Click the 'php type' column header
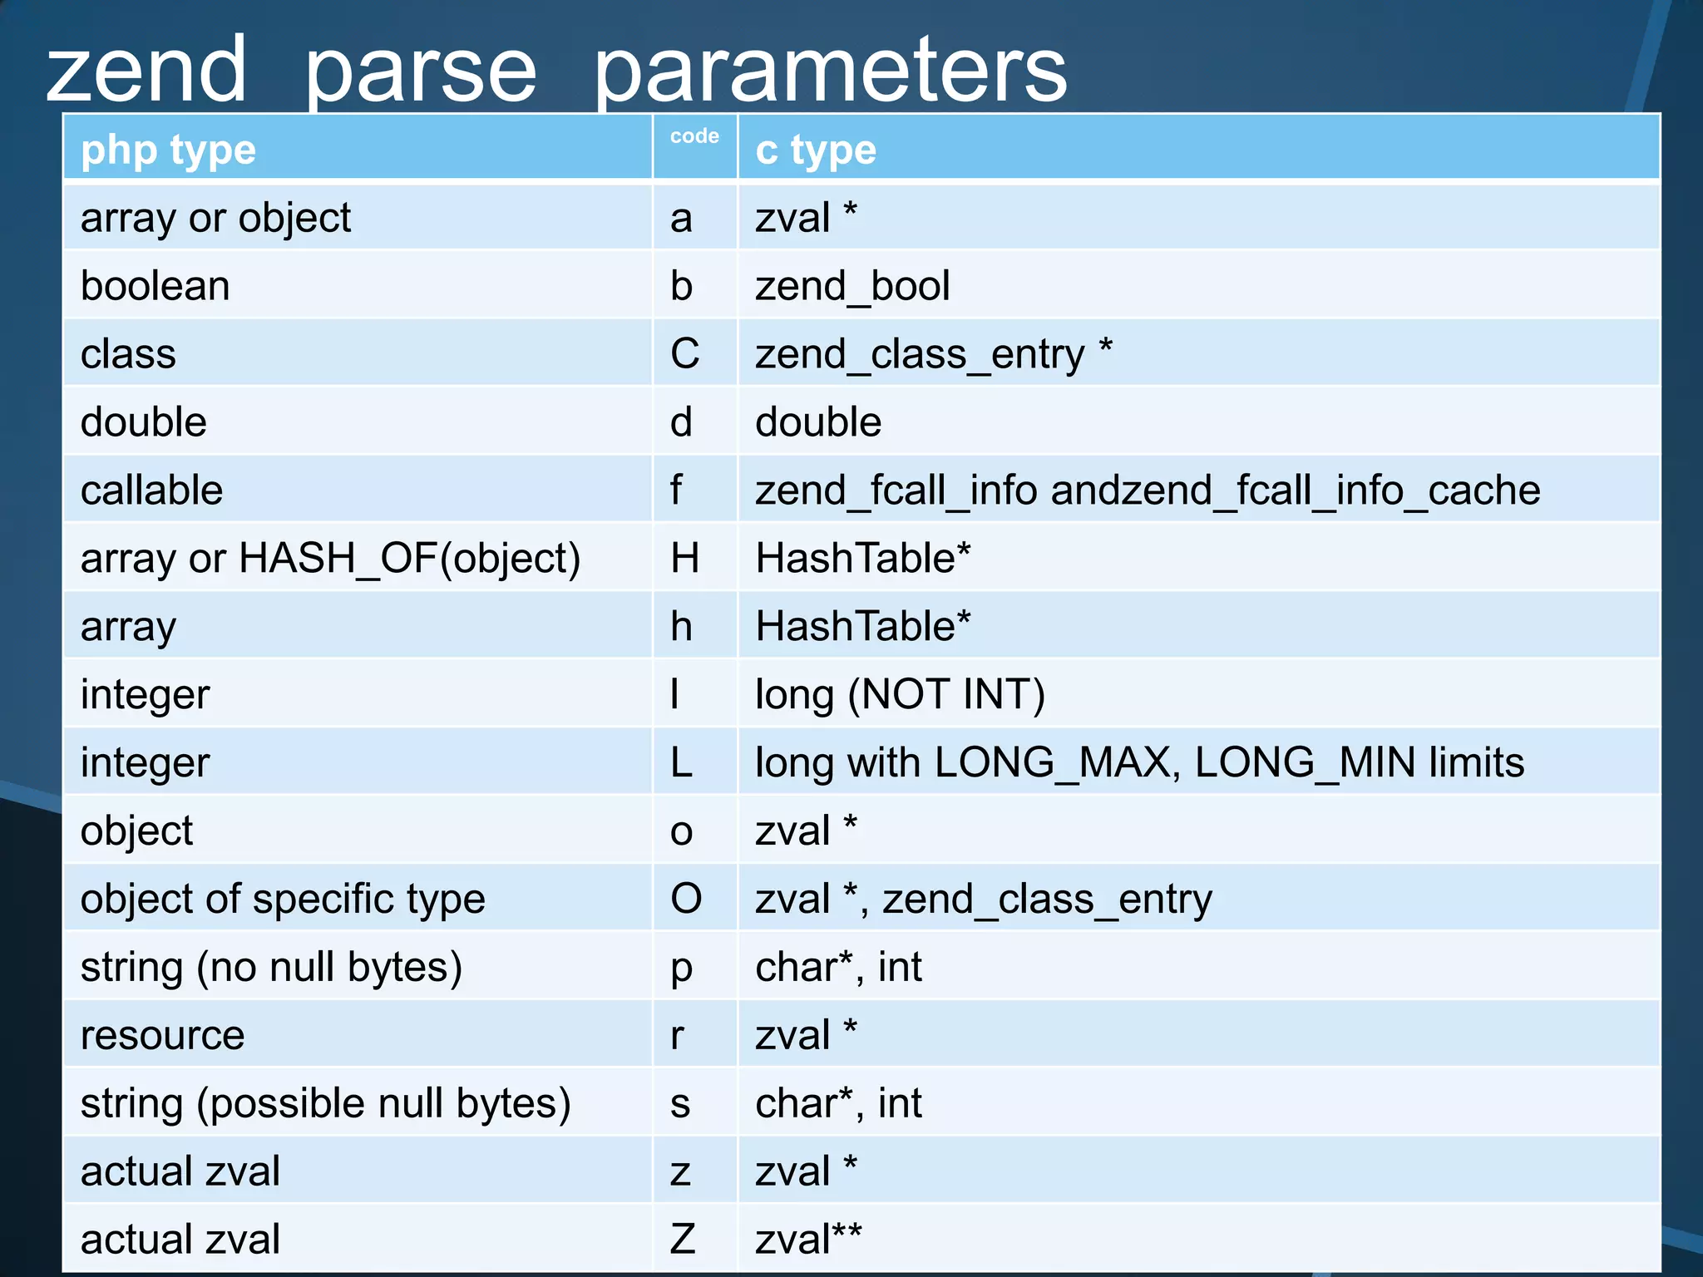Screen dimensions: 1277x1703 (168, 150)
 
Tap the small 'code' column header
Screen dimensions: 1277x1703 (694, 136)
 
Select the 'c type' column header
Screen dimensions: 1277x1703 (815, 150)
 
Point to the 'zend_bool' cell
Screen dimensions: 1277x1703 (851, 286)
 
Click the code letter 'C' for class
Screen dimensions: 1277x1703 (684, 354)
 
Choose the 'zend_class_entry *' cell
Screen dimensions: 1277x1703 (933, 354)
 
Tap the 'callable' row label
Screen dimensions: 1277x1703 (151, 491)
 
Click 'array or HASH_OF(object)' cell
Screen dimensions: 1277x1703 (330, 559)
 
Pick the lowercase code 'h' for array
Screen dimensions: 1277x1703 (681, 627)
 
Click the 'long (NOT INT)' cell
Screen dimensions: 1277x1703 (900, 695)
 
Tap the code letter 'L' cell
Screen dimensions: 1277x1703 (681, 763)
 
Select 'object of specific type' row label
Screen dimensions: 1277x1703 (283, 900)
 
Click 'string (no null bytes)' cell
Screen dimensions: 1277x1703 (271, 968)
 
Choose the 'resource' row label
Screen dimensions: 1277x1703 (162, 1036)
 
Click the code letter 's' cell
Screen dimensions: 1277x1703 (680, 1104)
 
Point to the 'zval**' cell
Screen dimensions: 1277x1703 (807, 1240)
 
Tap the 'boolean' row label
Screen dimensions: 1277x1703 (155, 286)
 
